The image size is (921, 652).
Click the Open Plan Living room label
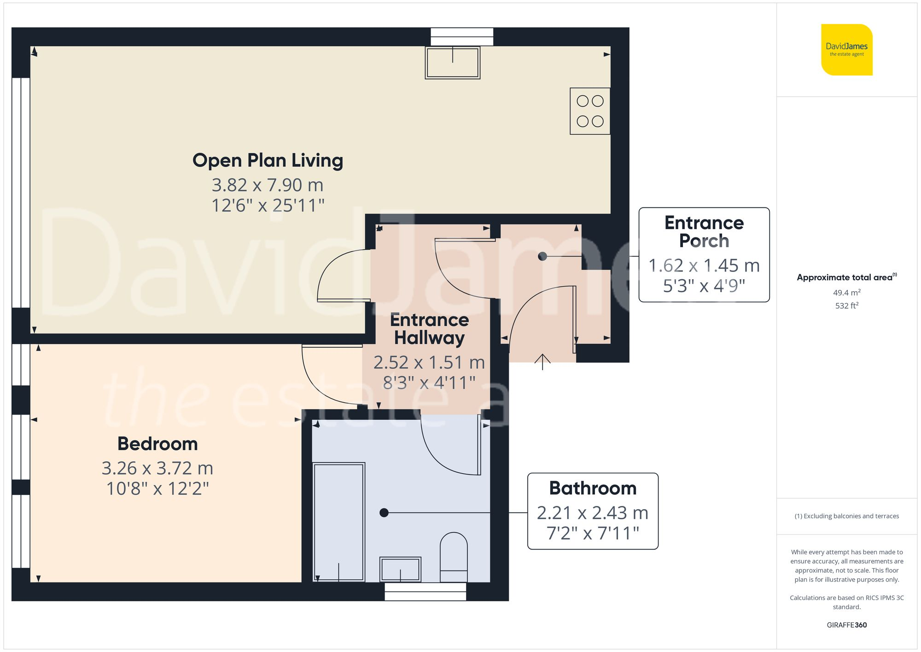coord(268,161)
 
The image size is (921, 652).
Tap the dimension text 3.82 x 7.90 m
coord(268,185)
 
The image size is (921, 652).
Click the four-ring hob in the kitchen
coord(590,111)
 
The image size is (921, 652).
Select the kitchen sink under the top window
coord(453,63)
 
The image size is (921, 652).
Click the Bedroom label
coord(157,444)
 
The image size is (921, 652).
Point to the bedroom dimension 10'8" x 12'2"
coord(157,489)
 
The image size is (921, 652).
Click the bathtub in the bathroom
coord(338,522)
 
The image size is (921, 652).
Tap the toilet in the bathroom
coord(454,558)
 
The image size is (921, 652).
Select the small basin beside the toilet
coord(400,570)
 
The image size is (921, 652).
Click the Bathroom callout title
coord(593,488)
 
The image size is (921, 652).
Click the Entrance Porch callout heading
coord(704,232)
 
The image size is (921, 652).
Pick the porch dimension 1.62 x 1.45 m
coord(704,266)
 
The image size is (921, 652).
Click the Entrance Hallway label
coord(429,329)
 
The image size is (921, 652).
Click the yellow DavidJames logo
coord(846,50)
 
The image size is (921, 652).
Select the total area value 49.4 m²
coord(846,293)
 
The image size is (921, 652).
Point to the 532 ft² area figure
coord(846,305)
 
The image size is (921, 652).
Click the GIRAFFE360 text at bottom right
coord(846,625)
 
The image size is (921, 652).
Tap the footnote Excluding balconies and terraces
coord(846,516)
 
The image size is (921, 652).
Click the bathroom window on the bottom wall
coord(425,592)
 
